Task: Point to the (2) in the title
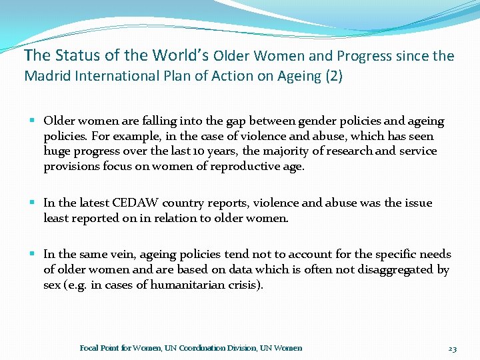tap(333, 76)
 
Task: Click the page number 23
tap(452, 348)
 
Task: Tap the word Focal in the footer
tap(90, 348)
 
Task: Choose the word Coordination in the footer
tap(199, 348)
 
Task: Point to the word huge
tap(56, 151)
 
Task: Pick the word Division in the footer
tap(241, 348)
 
